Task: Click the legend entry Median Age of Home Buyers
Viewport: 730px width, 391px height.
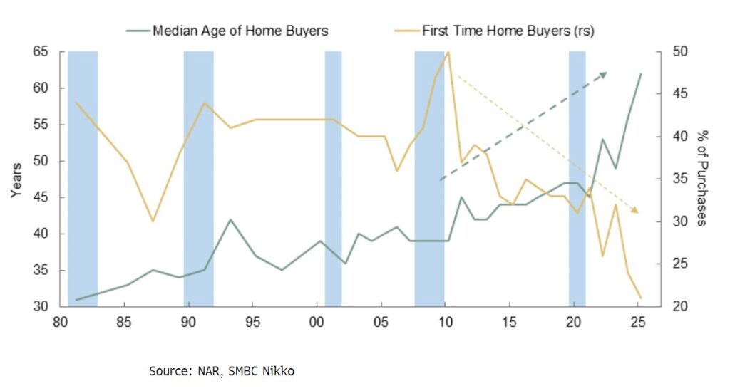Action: click(240, 31)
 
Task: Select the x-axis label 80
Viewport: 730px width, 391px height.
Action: click(60, 322)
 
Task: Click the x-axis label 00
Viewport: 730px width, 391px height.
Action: click(317, 322)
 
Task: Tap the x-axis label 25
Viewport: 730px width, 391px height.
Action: click(638, 322)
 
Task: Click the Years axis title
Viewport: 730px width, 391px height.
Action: click(16, 179)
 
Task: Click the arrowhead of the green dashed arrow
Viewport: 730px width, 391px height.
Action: click(604, 73)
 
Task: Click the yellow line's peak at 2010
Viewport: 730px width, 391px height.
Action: click(448, 52)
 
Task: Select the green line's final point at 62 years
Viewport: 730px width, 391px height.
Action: click(640, 74)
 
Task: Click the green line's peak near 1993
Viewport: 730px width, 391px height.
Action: click(230, 219)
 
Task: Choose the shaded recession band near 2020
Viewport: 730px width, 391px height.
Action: click(577, 179)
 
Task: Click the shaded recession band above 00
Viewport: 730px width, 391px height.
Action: click(333, 179)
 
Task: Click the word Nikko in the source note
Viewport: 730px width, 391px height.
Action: click(277, 371)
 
